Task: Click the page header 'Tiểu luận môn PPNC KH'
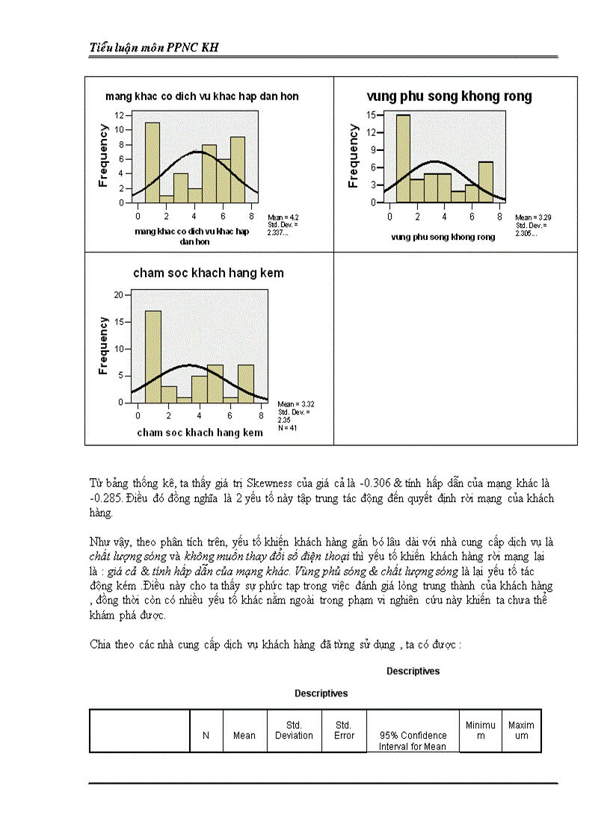(154, 47)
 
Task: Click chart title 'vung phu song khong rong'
(449, 96)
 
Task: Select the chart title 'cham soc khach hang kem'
(209, 273)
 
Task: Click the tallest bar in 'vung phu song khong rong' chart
(403, 158)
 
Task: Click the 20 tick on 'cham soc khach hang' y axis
(118, 295)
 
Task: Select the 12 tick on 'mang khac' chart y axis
(120, 115)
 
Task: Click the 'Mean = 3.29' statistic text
(533, 217)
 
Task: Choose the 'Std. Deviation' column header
(294, 730)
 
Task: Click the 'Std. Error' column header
(343, 730)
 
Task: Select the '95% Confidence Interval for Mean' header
(413, 740)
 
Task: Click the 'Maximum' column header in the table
(521, 730)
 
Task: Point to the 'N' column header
(206, 735)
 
